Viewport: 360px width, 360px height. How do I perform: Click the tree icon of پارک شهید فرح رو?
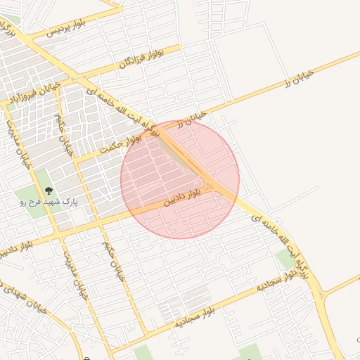[x=48, y=190]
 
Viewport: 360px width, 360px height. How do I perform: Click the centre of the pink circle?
[x=180, y=180]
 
